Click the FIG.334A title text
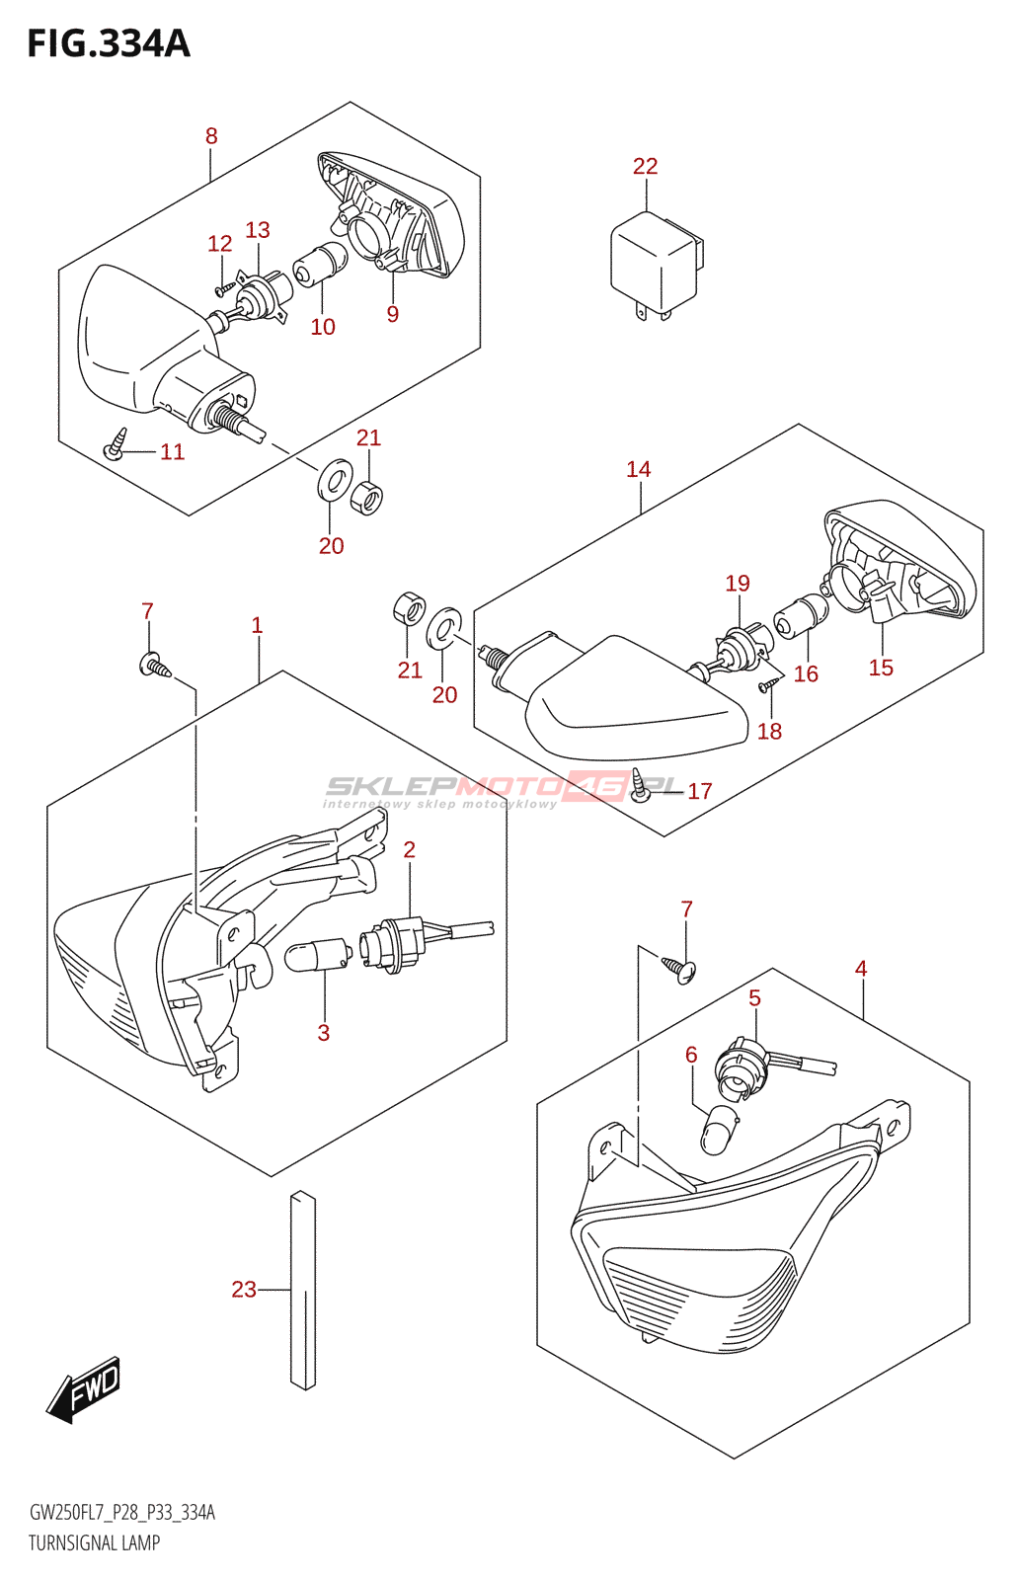(109, 43)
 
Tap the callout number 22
(645, 166)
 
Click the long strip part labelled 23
(303, 1290)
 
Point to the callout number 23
(244, 1289)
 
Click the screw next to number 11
(117, 443)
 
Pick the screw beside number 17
(642, 785)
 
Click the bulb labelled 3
(316, 955)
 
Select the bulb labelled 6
(720, 1128)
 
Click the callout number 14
(639, 469)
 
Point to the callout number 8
(211, 136)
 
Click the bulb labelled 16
(801, 614)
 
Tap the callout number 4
(861, 969)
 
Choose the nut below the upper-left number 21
(367, 497)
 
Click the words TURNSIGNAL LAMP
(94, 1542)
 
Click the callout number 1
(257, 625)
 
